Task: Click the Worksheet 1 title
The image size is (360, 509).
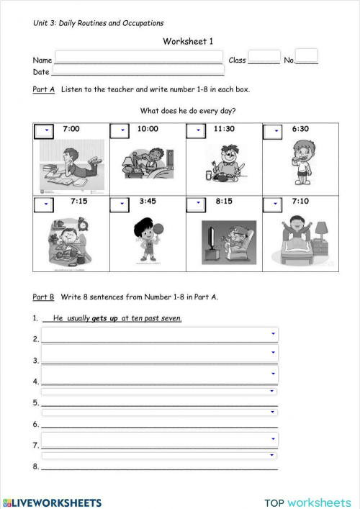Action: click(188, 42)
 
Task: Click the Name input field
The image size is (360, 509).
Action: click(138, 56)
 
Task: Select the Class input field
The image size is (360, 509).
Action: click(264, 57)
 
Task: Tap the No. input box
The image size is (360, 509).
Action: click(306, 55)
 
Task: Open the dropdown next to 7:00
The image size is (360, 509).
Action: click(45, 130)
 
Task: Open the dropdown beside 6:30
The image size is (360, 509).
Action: click(273, 130)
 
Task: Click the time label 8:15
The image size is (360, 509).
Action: click(224, 202)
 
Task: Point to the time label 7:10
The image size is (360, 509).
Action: click(300, 202)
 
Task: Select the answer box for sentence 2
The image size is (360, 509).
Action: click(159, 335)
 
